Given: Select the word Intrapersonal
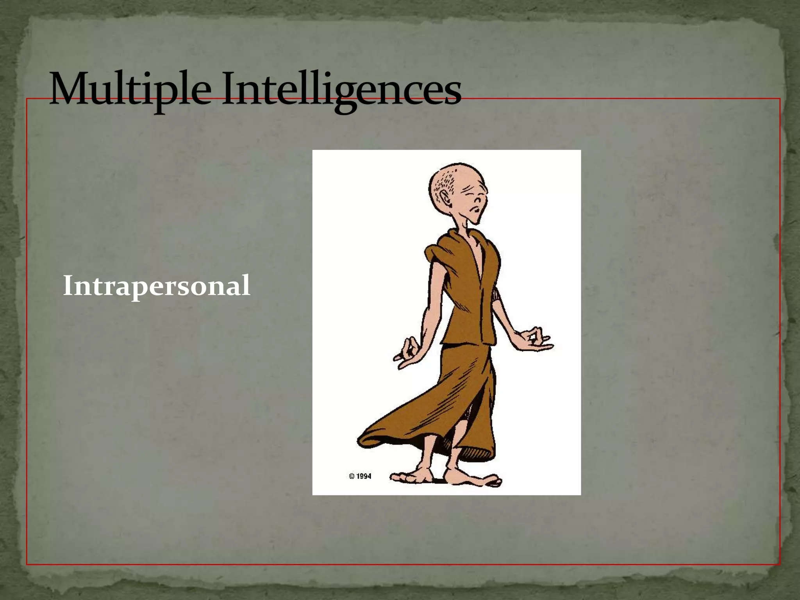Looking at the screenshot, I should coord(156,286).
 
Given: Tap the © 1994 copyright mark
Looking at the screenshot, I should coord(360,476).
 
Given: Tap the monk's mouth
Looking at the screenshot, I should coord(475,211).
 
